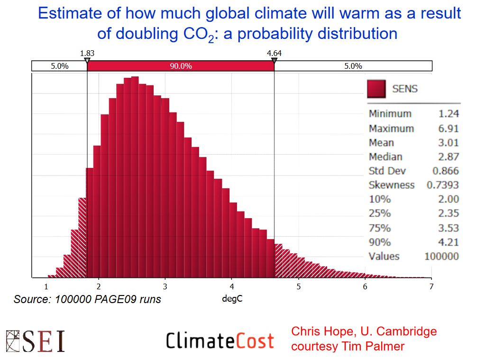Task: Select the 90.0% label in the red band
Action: pyautogui.click(x=181, y=66)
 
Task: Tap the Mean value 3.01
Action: pyautogui.click(x=449, y=143)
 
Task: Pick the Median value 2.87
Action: pyautogui.click(x=449, y=157)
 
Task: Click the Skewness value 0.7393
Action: pyautogui.click(x=443, y=185)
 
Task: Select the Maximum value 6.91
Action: pyautogui.click(x=449, y=129)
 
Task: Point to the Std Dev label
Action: pyautogui.click(x=387, y=171)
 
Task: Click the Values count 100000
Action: pyautogui.click(x=441, y=256)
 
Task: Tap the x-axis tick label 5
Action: pyautogui.click(x=298, y=286)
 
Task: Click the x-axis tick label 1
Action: pyautogui.click(x=46, y=286)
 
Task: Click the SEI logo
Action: pyautogui.click(x=36, y=340)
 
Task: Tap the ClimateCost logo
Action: pyautogui.click(x=220, y=341)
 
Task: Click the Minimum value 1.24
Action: pyautogui.click(x=449, y=114)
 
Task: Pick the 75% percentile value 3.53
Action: pyautogui.click(x=449, y=228)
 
